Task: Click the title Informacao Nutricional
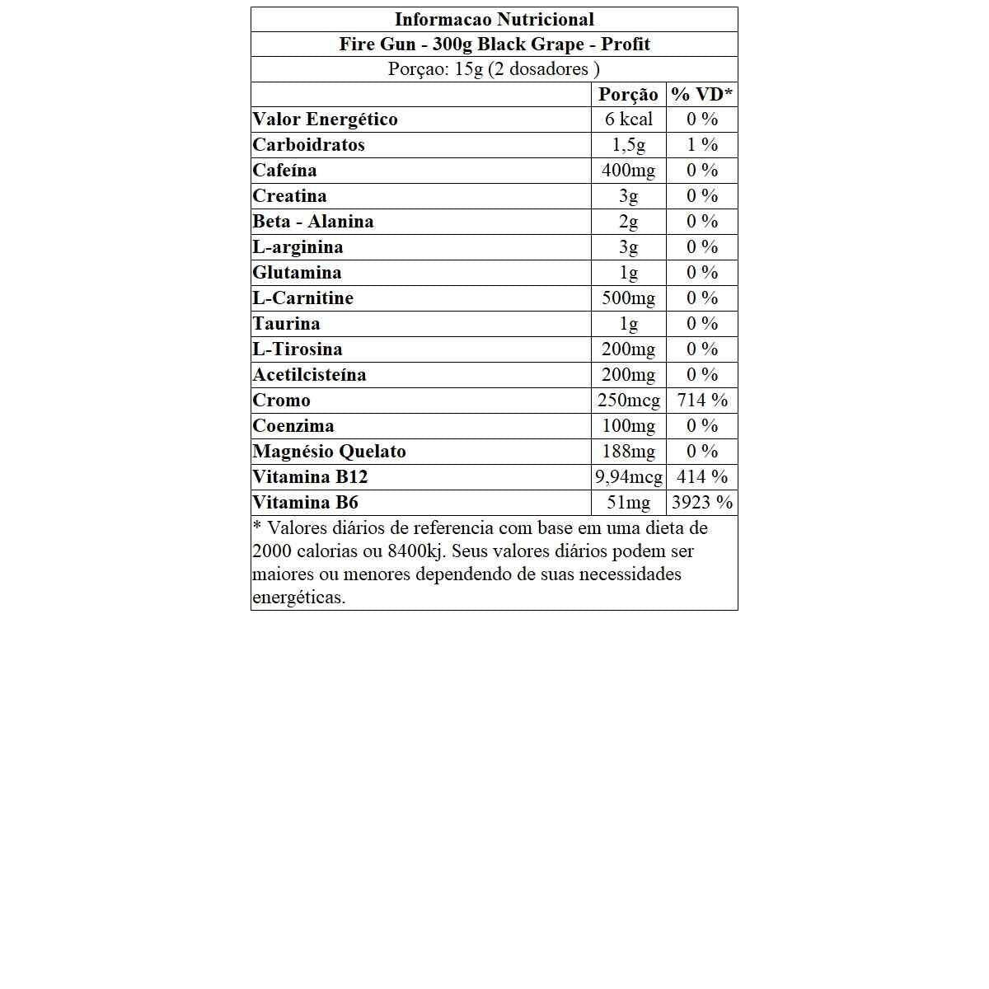(494, 20)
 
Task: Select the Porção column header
(628, 95)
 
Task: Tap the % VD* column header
(701, 95)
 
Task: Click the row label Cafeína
(284, 171)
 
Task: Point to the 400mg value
(628, 171)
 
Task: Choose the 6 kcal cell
(628, 120)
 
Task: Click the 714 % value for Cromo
(701, 401)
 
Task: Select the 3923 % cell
(701, 503)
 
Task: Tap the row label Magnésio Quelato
(329, 452)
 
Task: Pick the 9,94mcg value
(628, 477)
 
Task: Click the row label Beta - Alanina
(312, 222)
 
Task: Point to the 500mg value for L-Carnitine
(628, 298)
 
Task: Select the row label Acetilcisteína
(309, 375)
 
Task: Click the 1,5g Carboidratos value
(628, 145)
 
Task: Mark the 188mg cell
(628, 452)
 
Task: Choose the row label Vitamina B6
(305, 503)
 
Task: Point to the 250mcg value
(628, 401)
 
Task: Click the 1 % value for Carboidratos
(701, 145)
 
